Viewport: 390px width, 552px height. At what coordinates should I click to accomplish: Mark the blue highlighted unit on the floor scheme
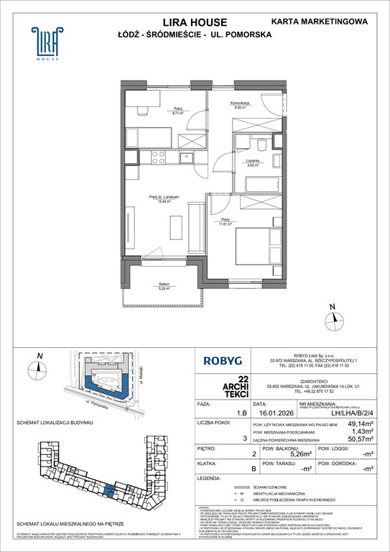click(x=106, y=490)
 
